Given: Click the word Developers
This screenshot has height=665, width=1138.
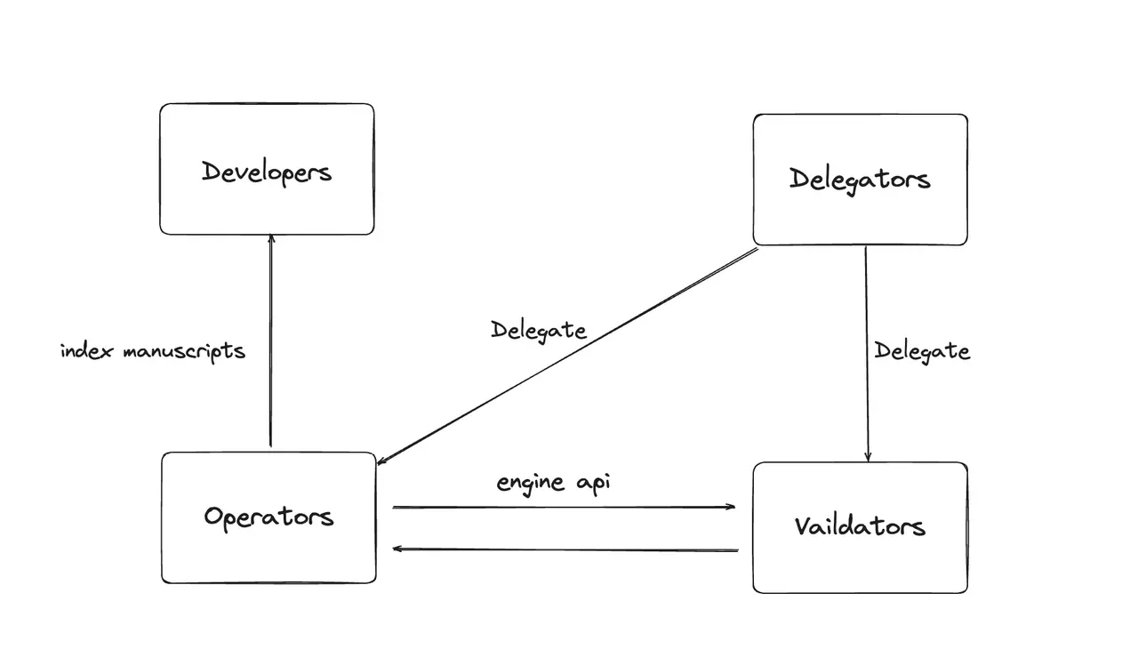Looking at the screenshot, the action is tap(267, 172).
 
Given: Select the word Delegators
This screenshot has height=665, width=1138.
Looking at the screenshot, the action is tap(860, 180).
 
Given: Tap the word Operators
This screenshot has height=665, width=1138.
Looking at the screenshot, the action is tap(268, 517).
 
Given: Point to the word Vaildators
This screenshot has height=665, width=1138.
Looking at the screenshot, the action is tap(860, 525).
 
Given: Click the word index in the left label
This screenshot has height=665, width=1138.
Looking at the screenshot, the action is tap(86, 351).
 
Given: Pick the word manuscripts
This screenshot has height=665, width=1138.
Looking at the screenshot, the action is tap(184, 351).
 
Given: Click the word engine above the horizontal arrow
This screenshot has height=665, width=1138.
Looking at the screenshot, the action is tap(530, 483).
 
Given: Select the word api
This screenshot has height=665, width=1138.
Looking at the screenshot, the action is tap(593, 483).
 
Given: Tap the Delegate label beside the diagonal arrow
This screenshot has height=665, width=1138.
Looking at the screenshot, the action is tap(539, 331).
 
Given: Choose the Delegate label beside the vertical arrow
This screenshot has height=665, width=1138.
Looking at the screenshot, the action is tap(922, 351).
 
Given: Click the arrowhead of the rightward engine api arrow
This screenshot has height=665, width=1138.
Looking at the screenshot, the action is tap(731, 507).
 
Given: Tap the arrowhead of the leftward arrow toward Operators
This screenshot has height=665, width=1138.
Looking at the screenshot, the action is tap(397, 549).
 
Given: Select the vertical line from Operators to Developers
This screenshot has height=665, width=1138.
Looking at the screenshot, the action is tap(271, 341).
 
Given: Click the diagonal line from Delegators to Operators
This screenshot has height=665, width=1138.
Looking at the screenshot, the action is tap(567, 356).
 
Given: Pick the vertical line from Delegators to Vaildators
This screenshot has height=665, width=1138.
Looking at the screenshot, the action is tap(867, 354).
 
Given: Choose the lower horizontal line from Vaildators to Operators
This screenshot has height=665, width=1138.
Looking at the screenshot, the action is tap(565, 549).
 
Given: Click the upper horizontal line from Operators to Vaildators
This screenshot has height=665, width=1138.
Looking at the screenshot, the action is tap(564, 507).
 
